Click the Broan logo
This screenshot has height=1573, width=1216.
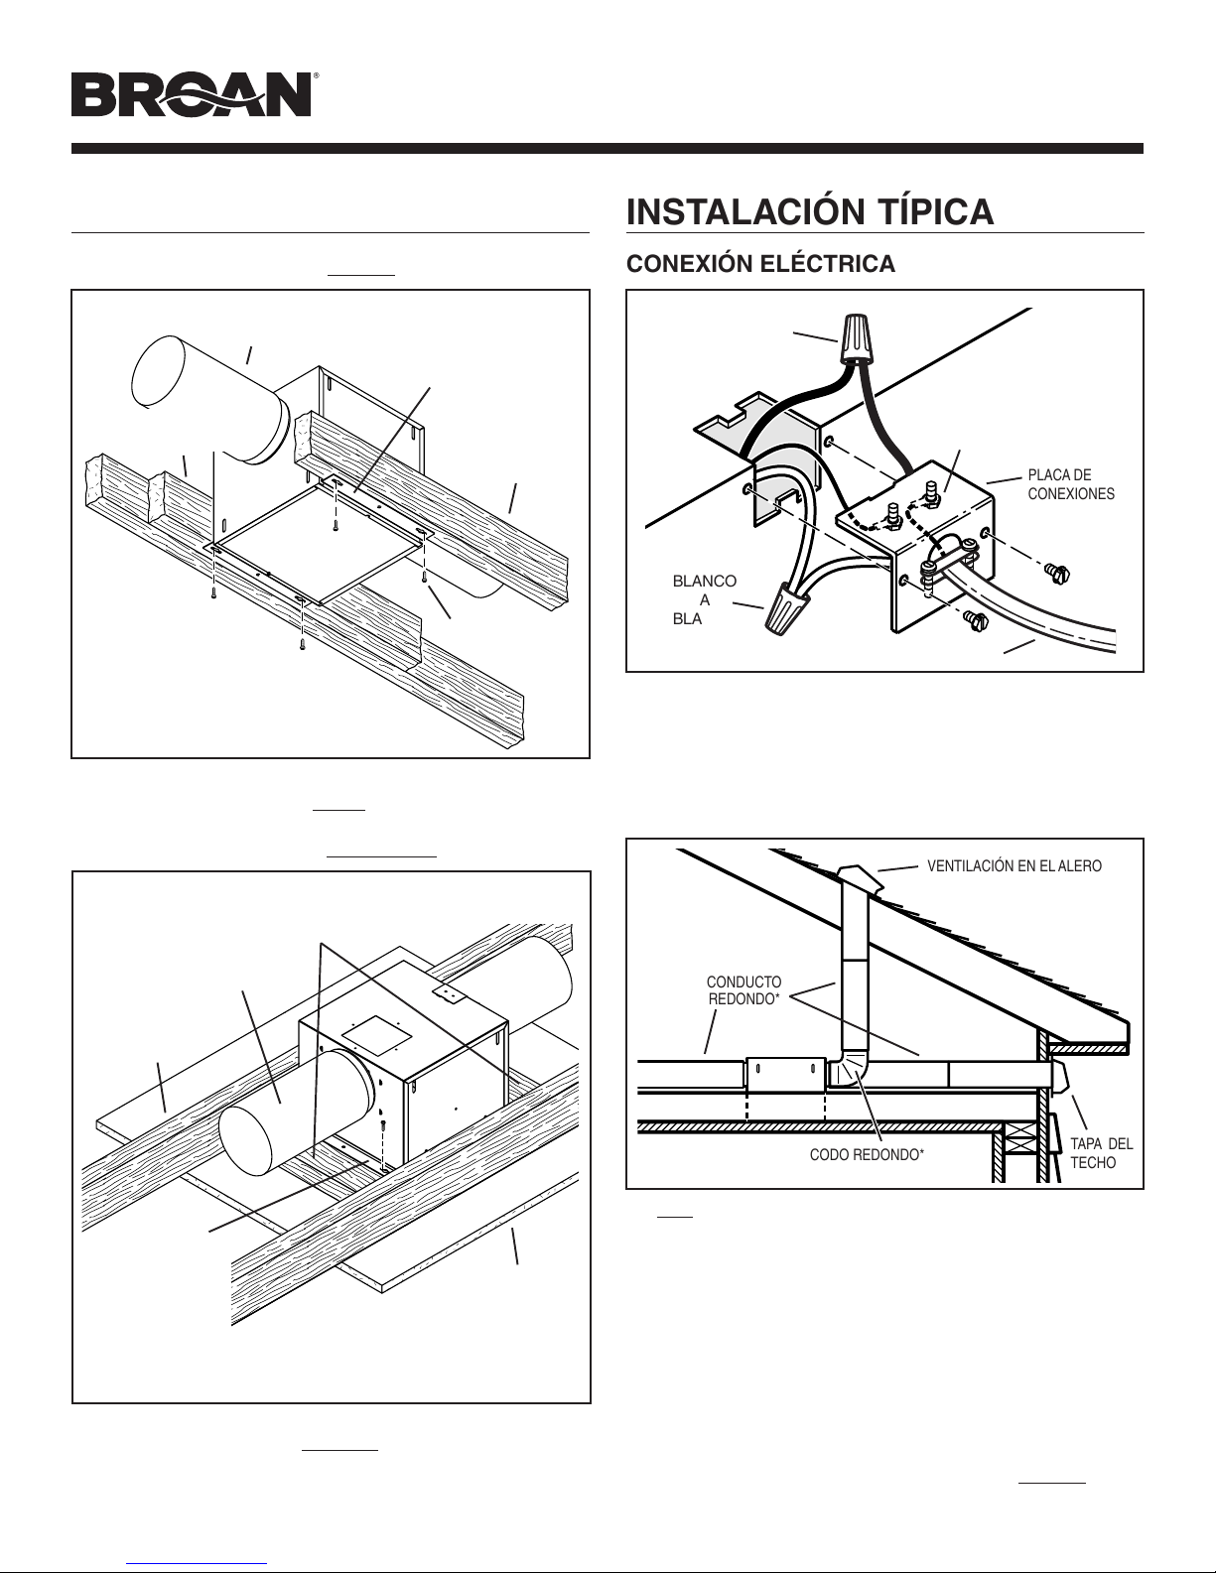pos(194,94)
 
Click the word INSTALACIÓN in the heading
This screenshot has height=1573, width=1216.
pos(746,212)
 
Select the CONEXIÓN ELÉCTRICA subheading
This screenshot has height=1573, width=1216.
pos(760,264)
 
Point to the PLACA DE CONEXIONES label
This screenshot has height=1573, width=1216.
pos(1071,484)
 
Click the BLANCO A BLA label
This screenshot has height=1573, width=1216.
pos(704,599)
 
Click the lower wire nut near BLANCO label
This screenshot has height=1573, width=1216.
pos(782,611)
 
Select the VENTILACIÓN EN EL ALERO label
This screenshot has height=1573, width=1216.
pos(1014,865)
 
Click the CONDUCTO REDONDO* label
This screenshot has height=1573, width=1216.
pos(744,990)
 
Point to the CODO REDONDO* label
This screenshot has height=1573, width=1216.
pos(867,1154)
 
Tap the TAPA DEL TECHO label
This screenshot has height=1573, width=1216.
pos(1101,1153)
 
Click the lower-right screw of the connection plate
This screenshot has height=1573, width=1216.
pos(975,619)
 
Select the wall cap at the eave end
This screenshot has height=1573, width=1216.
pos(1059,1078)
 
